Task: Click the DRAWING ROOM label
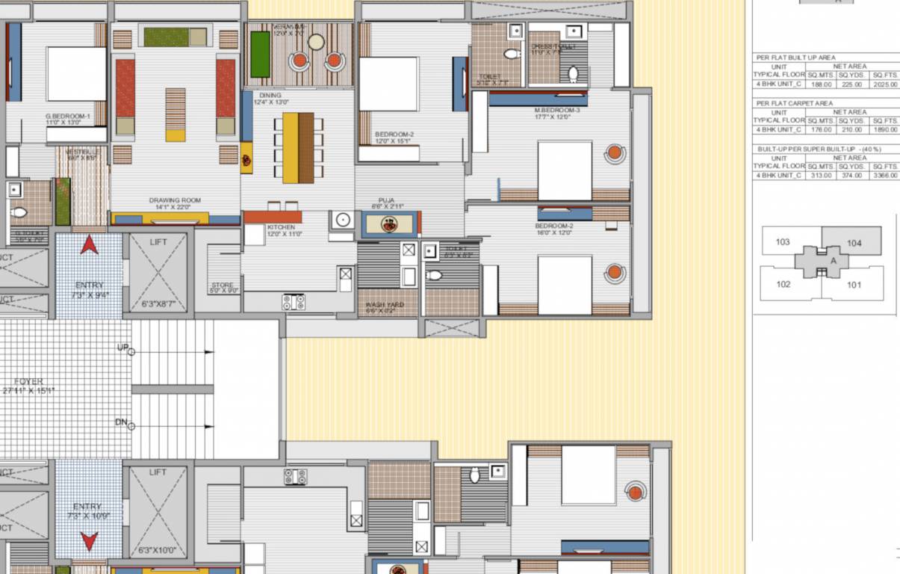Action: [175, 200]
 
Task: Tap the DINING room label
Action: [270, 96]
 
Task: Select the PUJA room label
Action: [386, 200]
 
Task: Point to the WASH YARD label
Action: [386, 305]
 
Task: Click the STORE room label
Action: [222, 286]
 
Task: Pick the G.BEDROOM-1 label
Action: [68, 117]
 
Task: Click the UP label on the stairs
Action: [122, 348]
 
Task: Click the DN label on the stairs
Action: [121, 422]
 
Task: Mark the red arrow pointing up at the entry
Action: [89, 244]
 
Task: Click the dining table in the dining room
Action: [298, 147]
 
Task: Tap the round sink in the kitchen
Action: [342, 220]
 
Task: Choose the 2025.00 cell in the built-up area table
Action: [886, 84]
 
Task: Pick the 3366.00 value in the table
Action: [886, 175]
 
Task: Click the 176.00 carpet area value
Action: [821, 129]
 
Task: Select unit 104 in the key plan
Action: [854, 242]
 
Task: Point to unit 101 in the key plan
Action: [853, 284]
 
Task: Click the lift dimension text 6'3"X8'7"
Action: [158, 304]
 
